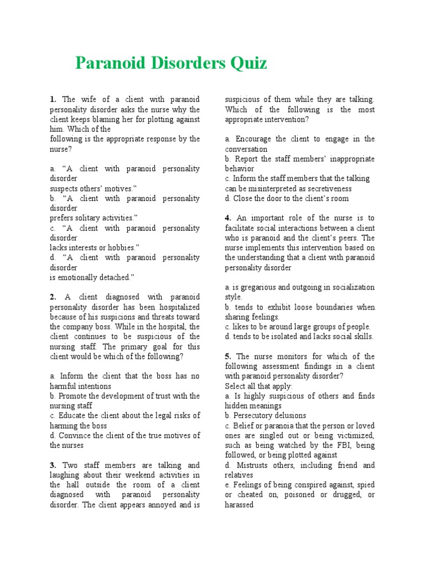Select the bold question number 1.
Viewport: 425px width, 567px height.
53,100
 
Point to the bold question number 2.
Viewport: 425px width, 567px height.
53,297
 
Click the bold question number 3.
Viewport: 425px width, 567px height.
53,466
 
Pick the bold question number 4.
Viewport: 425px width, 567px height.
228,218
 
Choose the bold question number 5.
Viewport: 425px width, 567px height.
228,357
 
